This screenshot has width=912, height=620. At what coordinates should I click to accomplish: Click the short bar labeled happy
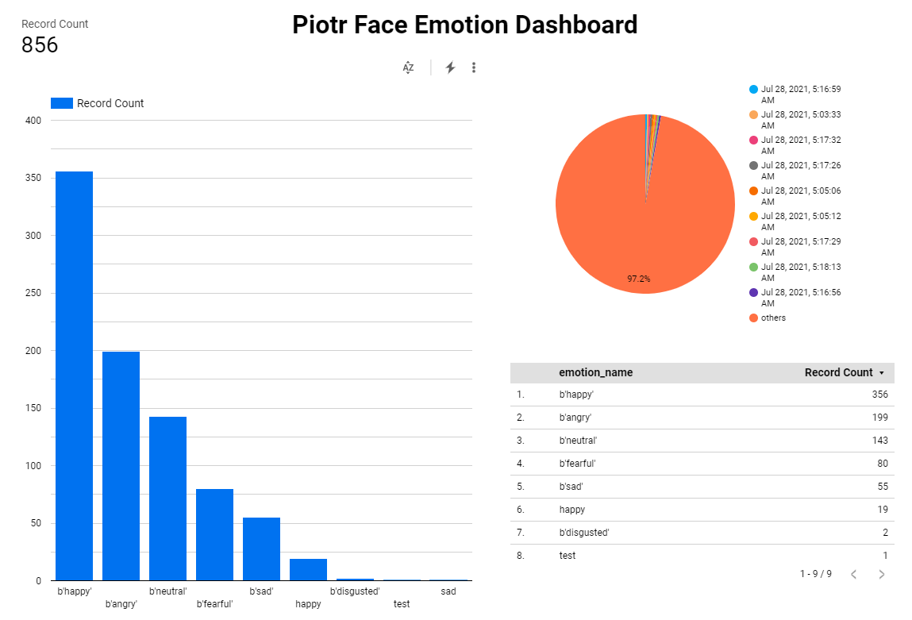[308, 570]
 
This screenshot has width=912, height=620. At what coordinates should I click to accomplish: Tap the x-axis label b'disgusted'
[355, 591]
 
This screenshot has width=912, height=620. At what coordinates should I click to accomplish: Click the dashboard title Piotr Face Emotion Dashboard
[464, 25]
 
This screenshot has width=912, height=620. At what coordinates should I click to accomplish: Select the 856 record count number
[40, 45]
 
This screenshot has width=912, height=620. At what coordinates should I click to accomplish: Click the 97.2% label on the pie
[638, 279]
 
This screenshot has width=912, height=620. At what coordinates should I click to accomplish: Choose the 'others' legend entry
[772, 318]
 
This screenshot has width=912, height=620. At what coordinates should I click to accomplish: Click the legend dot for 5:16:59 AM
[753, 90]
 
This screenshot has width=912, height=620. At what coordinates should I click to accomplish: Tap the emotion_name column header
[595, 373]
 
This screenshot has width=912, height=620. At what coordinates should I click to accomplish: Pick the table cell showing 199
[879, 418]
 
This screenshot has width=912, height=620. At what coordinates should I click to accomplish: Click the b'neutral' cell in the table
[578, 441]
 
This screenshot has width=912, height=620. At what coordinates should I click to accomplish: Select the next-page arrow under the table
[881, 574]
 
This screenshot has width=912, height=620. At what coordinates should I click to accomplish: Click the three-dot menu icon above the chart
[474, 67]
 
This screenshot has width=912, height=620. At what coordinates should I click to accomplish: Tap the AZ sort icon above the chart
[408, 67]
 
